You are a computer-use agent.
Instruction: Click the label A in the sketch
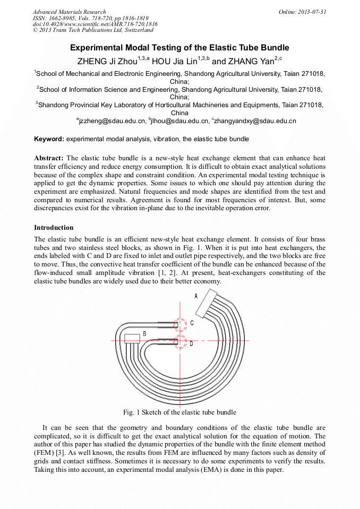196,296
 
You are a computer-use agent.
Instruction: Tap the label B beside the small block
144,334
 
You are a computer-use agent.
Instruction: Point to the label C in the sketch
192,323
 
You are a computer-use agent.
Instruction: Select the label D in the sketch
191,343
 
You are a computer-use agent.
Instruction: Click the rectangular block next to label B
132,339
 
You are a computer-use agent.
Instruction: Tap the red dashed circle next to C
180,324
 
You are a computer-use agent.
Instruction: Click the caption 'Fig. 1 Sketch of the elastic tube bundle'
179,412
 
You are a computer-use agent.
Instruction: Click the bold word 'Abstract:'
49,158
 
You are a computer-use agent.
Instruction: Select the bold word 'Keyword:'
49,139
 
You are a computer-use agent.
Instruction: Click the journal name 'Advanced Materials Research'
69,12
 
